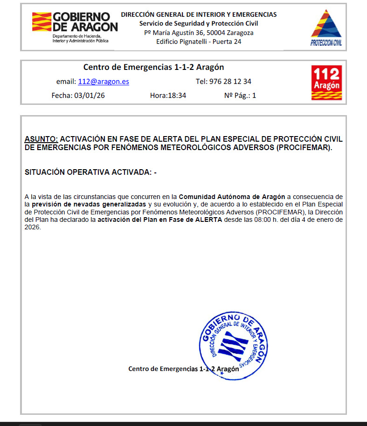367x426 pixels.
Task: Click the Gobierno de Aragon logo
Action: (x=75, y=27)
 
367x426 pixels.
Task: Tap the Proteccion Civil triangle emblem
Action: (x=326, y=27)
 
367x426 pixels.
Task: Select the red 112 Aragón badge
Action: (x=326, y=82)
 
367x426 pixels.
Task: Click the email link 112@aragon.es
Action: (x=104, y=82)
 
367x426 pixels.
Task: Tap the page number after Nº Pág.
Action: (x=254, y=96)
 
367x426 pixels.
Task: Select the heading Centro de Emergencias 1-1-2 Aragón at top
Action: (x=153, y=67)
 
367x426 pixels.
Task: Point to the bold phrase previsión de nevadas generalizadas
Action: (x=89, y=205)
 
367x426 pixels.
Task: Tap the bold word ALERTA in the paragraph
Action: (x=208, y=220)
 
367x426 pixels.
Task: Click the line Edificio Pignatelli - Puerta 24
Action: (x=199, y=41)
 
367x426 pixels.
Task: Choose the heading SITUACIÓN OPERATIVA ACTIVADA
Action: (x=89, y=172)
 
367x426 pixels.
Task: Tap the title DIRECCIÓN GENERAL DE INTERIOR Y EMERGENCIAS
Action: (x=199, y=14)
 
